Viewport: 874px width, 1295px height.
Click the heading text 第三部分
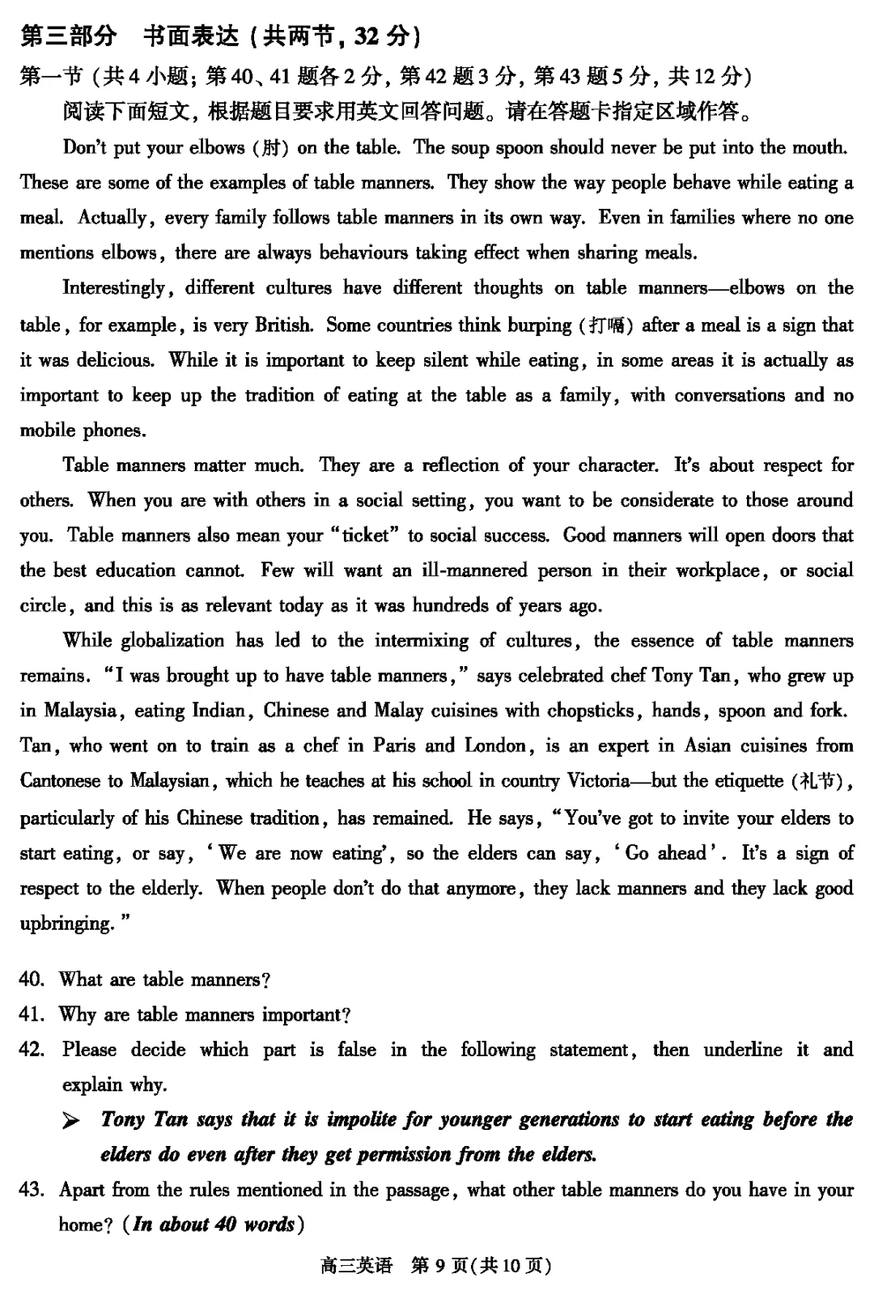coord(68,36)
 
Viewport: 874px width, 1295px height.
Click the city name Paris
coord(394,746)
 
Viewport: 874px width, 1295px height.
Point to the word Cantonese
coord(61,781)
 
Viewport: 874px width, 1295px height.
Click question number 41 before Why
coord(32,1015)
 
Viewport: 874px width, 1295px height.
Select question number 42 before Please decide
coord(32,1051)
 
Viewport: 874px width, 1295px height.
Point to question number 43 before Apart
coord(32,1191)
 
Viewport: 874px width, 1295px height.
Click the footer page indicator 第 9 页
coord(440,1265)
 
